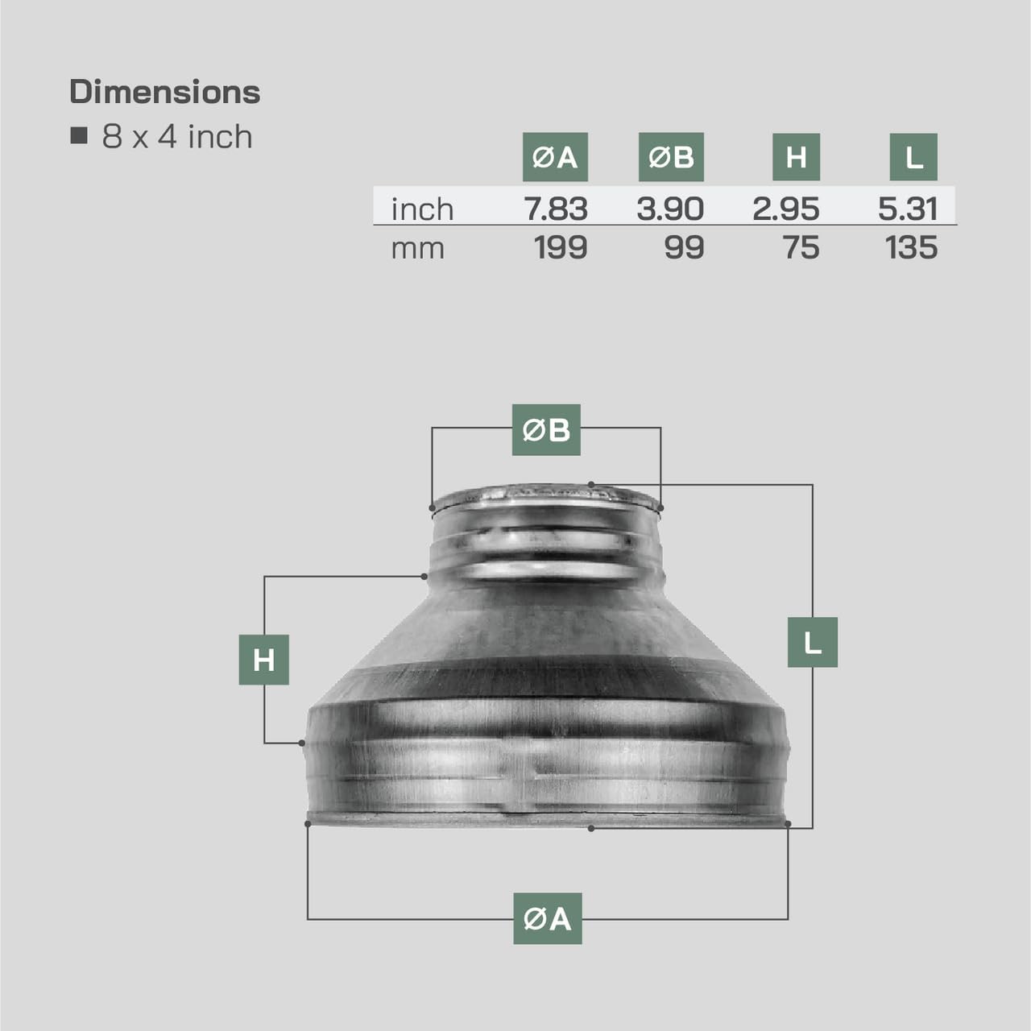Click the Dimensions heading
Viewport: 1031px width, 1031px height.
165,92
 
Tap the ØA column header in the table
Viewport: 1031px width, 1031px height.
555,157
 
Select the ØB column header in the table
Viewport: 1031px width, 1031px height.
671,157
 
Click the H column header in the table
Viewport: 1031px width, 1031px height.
796,157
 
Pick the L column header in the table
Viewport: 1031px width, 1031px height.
913,157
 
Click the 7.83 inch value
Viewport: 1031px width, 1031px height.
556,209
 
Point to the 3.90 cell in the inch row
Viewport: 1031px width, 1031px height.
670,209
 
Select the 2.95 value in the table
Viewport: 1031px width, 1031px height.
786,209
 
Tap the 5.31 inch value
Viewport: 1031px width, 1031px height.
908,209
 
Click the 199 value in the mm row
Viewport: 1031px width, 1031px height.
561,248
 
